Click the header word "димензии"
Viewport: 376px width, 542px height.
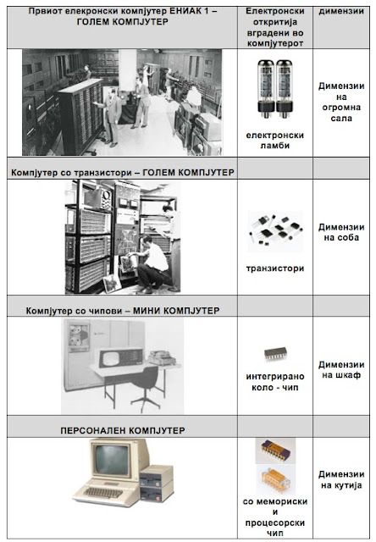click(341, 11)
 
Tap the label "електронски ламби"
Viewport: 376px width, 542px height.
click(274, 141)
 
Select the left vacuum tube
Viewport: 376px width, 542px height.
click(266, 88)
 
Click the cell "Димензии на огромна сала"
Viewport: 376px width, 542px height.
click(341, 102)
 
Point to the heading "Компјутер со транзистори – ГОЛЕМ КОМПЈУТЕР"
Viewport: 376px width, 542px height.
click(122, 173)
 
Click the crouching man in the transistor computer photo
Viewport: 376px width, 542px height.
click(151, 263)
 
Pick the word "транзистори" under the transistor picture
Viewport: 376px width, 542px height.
click(275, 268)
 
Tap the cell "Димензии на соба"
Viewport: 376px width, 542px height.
click(341, 232)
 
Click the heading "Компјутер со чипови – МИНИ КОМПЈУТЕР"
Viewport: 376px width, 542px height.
click(123, 311)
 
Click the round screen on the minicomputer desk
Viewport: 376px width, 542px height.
click(110, 358)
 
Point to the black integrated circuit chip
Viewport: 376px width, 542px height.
click(275, 354)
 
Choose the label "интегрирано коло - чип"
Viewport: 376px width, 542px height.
click(275, 382)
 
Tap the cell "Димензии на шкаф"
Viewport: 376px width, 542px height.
click(341, 370)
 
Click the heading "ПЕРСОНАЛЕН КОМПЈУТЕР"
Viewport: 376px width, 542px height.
click(123, 430)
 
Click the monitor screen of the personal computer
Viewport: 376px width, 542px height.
click(113, 460)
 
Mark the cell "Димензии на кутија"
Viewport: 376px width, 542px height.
click(341, 479)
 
